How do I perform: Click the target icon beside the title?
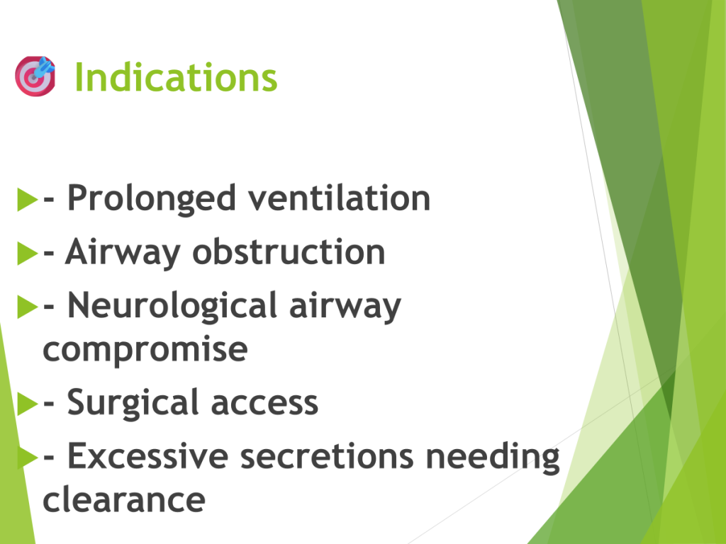pyautogui.click(x=35, y=76)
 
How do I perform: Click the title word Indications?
pyautogui.click(x=176, y=77)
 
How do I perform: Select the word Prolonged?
pyautogui.click(x=152, y=199)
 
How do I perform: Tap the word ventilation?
pyautogui.click(x=340, y=198)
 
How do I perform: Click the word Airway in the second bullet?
pyautogui.click(x=122, y=253)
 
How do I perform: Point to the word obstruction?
pyautogui.click(x=289, y=251)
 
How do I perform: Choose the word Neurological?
pyautogui.click(x=172, y=306)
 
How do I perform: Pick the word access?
pyautogui.click(x=265, y=403)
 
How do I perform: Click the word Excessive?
pyautogui.click(x=148, y=456)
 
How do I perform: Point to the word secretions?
pyautogui.click(x=327, y=456)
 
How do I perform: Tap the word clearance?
pyautogui.click(x=123, y=499)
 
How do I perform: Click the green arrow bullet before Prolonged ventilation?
pyautogui.click(x=28, y=199)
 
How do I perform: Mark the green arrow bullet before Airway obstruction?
pyautogui.click(x=28, y=254)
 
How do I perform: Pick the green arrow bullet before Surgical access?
pyautogui.click(x=28, y=404)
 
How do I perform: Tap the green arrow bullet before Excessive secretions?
pyautogui.click(x=28, y=458)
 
